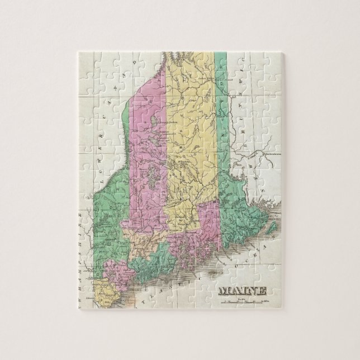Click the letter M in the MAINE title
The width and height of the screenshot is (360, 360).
[222, 291]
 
